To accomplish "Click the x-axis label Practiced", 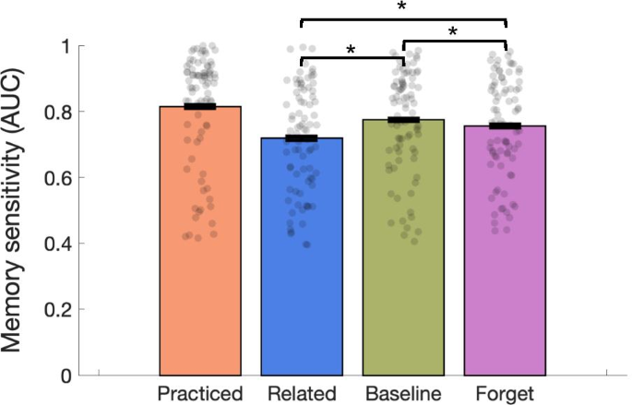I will pos(200,394).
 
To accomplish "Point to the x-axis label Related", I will pos(302,394).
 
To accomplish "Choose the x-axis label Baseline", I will pos(403,394).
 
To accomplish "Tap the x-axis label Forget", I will pos(505,394).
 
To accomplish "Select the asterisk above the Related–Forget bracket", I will pos(403,8).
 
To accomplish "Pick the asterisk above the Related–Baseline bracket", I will pos(352,50).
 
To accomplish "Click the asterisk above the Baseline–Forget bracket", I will pos(454,33).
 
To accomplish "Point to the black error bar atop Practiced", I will pos(200,107).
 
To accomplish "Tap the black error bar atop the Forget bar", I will pos(505,125).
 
